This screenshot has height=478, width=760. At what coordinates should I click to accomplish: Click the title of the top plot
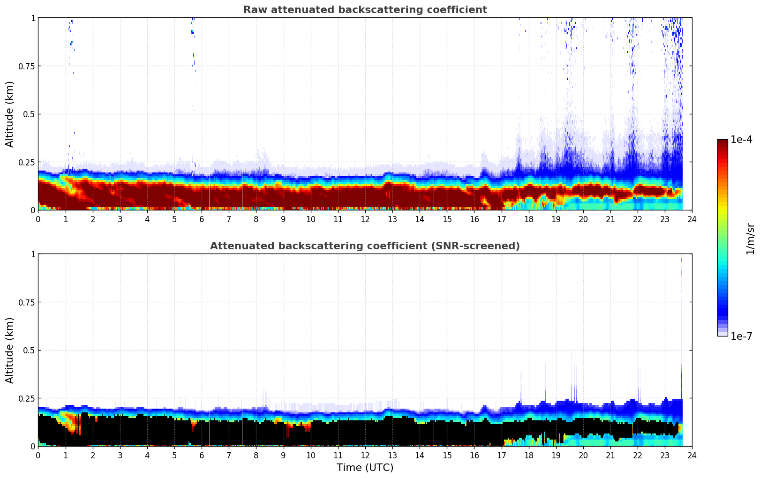click(x=365, y=10)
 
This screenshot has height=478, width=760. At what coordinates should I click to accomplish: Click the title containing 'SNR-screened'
click(x=365, y=246)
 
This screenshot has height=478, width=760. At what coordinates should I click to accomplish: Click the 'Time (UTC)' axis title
click(x=365, y=468)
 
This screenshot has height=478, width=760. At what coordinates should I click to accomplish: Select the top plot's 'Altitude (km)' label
click(x=10, y=114)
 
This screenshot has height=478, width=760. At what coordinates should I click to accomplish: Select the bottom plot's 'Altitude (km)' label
click(x=10, y=350)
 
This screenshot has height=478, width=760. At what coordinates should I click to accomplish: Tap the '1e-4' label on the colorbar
click(x=741, y=140)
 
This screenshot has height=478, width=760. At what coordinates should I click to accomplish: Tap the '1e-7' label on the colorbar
click(x=741, y=336)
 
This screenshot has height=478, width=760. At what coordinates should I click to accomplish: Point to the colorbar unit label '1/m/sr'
click(x=750, y=239)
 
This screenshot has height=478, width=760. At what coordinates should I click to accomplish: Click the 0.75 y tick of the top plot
click(x=27, y=66)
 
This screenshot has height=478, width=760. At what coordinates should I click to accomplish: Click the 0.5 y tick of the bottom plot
click(x=29, y=351)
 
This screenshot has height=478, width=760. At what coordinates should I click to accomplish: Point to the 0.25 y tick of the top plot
click(x=27, y=162)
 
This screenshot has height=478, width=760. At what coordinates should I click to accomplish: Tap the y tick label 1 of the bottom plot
click(x=33, y=254)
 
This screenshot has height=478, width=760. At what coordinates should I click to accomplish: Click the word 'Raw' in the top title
click(x=252, y=10)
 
